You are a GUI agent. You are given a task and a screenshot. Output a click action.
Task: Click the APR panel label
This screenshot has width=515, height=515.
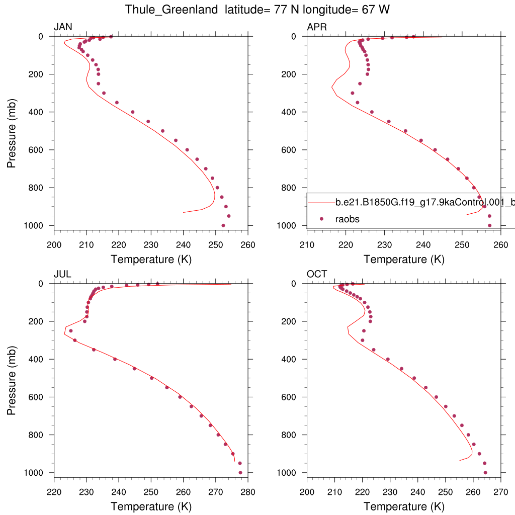click(317, 27)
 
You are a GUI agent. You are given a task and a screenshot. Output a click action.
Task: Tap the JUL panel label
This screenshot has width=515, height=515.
click(62, 274)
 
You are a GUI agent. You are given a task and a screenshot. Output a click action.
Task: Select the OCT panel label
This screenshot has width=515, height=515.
click(317, 274)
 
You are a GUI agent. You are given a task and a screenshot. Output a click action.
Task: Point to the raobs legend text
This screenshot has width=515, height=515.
click(348, 219)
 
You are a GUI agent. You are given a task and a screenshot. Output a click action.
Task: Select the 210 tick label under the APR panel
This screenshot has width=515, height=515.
click(307, 245)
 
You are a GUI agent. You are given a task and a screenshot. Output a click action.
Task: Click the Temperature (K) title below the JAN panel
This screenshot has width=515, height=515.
click(151, 260)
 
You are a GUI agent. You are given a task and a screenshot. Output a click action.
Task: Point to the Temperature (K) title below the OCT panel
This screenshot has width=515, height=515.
click(404, 506)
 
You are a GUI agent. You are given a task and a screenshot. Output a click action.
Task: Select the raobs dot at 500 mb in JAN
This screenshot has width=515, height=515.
click(162, 131)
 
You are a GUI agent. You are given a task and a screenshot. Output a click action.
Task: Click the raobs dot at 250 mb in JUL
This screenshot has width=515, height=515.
click(71, 330)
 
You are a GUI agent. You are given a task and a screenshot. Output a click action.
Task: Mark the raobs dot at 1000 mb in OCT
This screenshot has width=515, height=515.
click(485, 473)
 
